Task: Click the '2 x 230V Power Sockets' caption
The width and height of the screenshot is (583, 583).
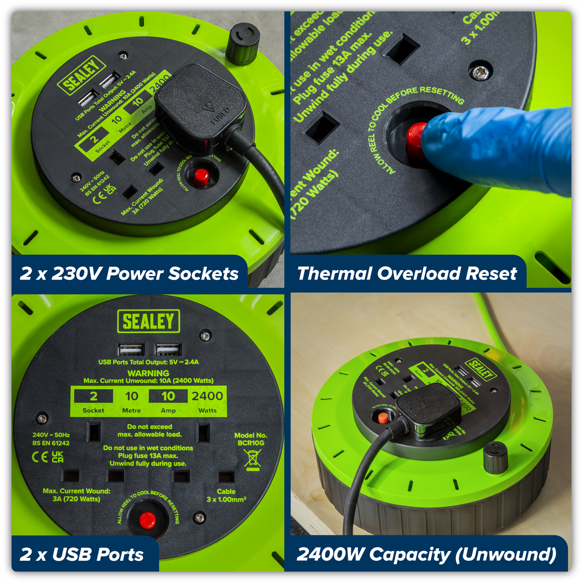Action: [x=129, y=274]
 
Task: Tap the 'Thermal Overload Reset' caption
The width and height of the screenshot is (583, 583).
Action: [x=407, y=274]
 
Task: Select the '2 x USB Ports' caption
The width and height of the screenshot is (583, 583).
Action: [x=82, y=554]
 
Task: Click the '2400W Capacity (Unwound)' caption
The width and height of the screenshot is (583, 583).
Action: [x=426, y=554]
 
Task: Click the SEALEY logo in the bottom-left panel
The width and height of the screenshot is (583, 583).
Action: [x=149, y=321]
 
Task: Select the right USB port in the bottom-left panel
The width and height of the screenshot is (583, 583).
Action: [x=168, y=350]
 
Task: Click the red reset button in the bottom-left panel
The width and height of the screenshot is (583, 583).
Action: [x=147, y=520]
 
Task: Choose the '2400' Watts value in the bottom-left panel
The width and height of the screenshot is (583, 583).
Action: [x=207, y=396]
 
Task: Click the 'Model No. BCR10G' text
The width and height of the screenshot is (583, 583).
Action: [x=251, y=439]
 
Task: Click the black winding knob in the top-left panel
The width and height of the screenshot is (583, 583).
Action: [x=241, y=44]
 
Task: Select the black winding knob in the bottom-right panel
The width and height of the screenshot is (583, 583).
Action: [x=495, y=458]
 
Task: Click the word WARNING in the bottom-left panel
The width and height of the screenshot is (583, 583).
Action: [x=148, y=373]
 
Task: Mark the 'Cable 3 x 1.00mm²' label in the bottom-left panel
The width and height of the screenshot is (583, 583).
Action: [x=226, y=496]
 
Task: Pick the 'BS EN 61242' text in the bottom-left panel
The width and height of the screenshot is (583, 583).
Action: [x=51, y=443]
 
